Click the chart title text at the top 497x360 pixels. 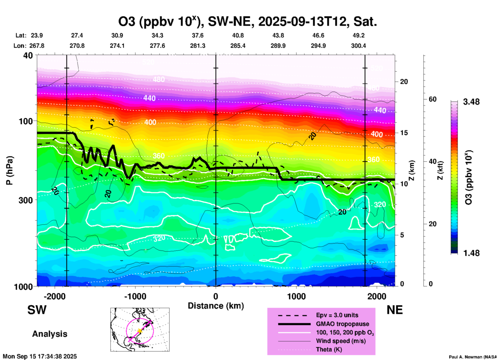point(247,22)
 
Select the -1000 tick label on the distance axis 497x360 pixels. point(135,296)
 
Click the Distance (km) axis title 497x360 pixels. point(216,306)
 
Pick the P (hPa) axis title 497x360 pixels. point(10,170)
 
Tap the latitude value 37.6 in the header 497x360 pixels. point(198,35)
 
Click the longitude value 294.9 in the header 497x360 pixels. point(318,46)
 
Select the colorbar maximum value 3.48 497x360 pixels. point(471,102)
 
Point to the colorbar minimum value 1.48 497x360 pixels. point(471,253)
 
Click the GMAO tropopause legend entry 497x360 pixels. point(342,324)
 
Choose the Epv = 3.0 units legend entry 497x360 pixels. point(337,315)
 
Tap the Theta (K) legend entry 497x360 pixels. point(329,349)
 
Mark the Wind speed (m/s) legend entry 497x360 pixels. point(341,341)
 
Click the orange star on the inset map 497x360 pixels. point(140,331)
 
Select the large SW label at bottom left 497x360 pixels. point(37,310)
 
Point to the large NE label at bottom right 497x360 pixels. point(395,310)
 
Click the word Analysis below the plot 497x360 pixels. point(50,334)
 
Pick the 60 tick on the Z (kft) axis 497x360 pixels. point(432,99)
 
